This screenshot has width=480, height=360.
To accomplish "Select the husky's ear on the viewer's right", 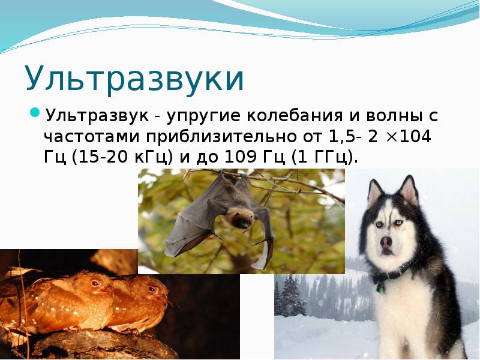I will (x=410, y=191).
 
